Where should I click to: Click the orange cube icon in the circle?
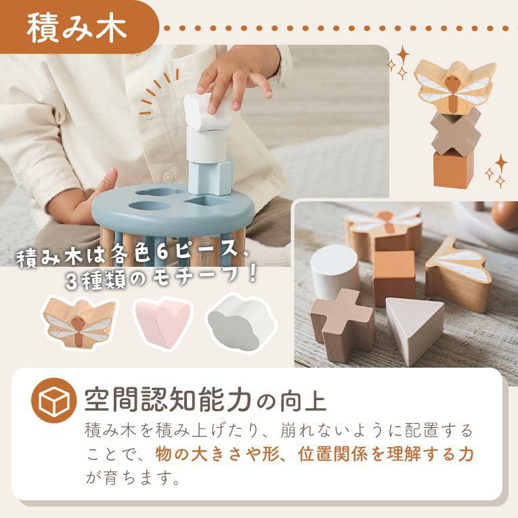point(54,400)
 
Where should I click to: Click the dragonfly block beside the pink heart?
point(79,322)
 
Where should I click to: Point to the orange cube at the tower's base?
point(453,168)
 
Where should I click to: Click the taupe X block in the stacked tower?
point(456,132)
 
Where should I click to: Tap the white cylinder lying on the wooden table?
point(334,269)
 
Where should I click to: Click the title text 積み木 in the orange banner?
point(77,28)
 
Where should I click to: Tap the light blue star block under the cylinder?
point(210,177)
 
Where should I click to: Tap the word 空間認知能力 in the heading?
point(169,400)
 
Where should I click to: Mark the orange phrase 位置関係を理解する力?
point(386,454)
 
